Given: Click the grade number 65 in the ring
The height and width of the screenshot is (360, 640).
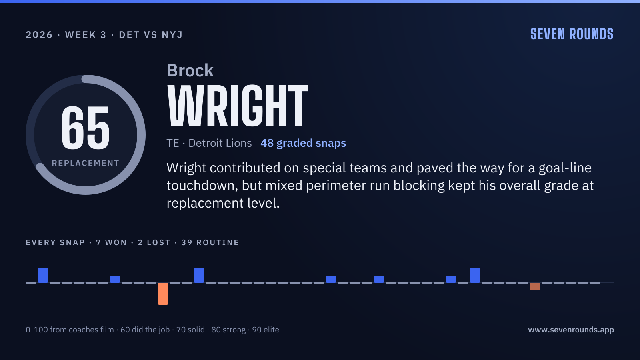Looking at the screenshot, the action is coord(86,128).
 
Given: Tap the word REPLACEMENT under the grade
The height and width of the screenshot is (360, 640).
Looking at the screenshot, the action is coord(86,163).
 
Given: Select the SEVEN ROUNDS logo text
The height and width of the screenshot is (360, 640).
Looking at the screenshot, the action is coord(572,34).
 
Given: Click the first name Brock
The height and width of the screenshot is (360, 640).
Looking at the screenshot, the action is coord(190,70).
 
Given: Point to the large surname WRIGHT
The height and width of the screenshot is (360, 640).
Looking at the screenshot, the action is coord(238,106).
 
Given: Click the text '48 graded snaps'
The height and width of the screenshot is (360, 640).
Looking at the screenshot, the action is coord(303,143).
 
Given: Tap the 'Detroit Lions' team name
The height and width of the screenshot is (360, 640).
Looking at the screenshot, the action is coord(220,143).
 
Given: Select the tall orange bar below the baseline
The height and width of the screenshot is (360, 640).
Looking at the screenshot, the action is coord(163,294).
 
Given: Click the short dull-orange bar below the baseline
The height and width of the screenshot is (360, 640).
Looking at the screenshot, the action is coord(535,286).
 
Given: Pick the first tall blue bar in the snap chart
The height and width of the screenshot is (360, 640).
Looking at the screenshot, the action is coord(43,276).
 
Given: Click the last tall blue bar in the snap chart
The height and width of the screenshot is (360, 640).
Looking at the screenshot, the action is coord(475,276).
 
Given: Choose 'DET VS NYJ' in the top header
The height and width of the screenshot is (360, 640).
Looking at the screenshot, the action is coord(150,35).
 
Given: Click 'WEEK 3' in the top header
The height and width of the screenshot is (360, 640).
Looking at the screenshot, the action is coord(86,35).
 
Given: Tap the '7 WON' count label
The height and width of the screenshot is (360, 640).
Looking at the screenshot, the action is coord(112,242).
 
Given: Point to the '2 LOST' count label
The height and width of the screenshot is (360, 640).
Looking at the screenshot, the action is coord(154,242).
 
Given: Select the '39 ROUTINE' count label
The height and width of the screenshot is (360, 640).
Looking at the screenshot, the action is coord(210,242).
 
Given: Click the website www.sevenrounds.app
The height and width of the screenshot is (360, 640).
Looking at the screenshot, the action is coord(571,330).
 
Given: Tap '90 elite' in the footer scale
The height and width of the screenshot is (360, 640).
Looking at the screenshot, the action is coord(266,330).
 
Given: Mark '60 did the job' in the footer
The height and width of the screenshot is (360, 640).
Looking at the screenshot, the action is coord(145,330).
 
